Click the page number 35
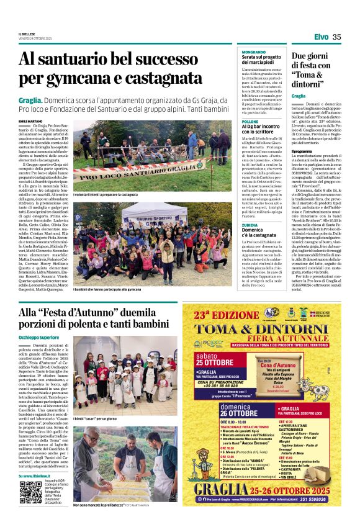[336, 37]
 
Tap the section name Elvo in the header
[321, 37]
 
